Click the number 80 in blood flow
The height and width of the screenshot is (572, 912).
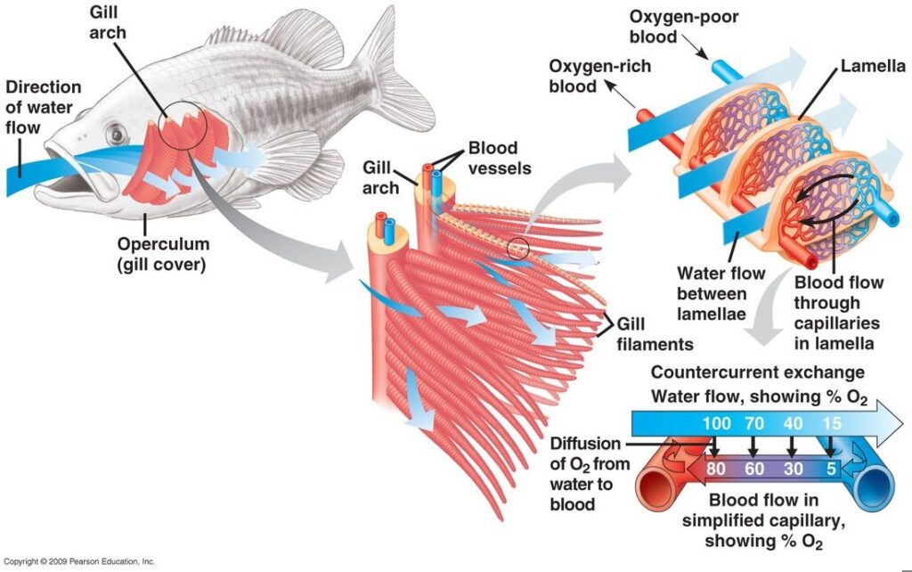tap(715, 466)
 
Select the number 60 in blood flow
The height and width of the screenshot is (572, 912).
tap(754, 466)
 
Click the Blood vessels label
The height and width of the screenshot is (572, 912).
tap(497, 158)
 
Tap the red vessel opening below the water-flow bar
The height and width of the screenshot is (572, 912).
tap(663, 489)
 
